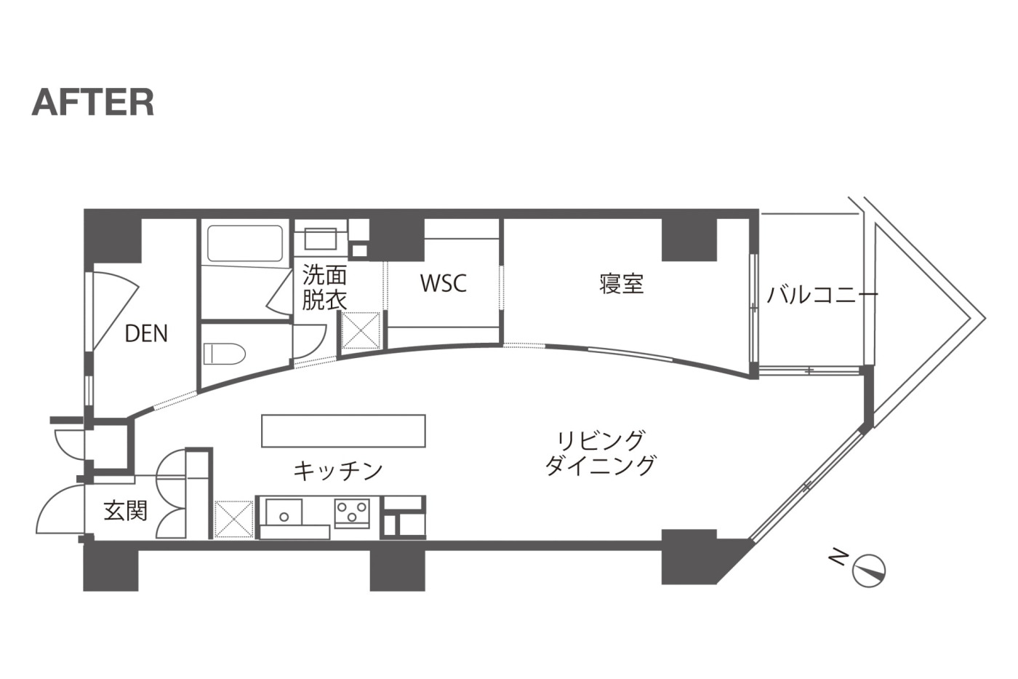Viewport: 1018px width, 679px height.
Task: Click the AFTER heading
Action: click(x=93, y=103)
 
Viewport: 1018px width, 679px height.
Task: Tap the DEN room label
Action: click(x=146, y=333)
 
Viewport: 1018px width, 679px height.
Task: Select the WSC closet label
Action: click(x=443, y=283)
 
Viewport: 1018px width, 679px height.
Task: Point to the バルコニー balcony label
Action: click(x=822, y=295)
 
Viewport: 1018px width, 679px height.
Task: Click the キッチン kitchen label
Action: click(x=337, y=471)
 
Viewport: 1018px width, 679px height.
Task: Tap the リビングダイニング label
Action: click(x=601, y=453)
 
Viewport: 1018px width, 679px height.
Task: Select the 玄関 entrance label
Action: click(x=126, y=510)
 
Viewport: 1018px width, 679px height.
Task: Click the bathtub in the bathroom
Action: click(x=245, y=243)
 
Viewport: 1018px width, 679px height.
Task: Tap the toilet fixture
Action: click(x=224, y=354)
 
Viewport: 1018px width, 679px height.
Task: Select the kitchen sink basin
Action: click(x=284, y=512)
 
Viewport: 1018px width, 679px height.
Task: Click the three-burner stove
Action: click(x=352, y=512)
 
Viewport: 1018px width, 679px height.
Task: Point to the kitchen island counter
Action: click(x=343, y=430)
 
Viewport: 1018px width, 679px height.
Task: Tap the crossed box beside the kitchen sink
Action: click(x=233, y=519)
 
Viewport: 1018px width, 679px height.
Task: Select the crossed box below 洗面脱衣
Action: click(x=361, y=330)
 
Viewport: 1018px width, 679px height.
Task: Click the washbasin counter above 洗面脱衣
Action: click(x=321, y=238)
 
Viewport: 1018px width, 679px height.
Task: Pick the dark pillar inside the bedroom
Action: click(x=689, y=239)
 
